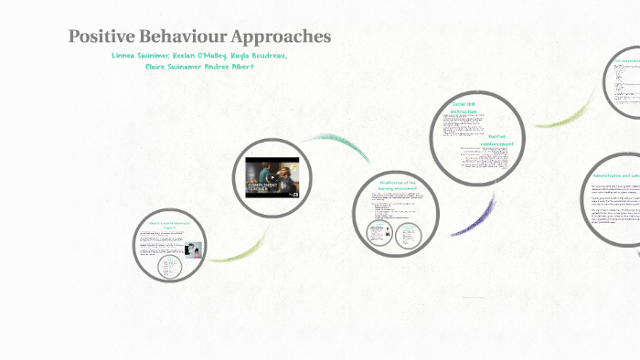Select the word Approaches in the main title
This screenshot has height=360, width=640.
click(284, 37)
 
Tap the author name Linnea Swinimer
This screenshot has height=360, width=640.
click(140, 56)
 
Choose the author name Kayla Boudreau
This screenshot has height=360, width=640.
click(260, 56)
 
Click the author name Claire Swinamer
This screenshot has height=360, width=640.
click(176, 67)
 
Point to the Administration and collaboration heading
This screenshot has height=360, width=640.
click(613, 174)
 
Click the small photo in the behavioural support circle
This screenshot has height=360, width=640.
click(193, 249)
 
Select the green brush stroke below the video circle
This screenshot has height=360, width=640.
click(242, 247)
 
